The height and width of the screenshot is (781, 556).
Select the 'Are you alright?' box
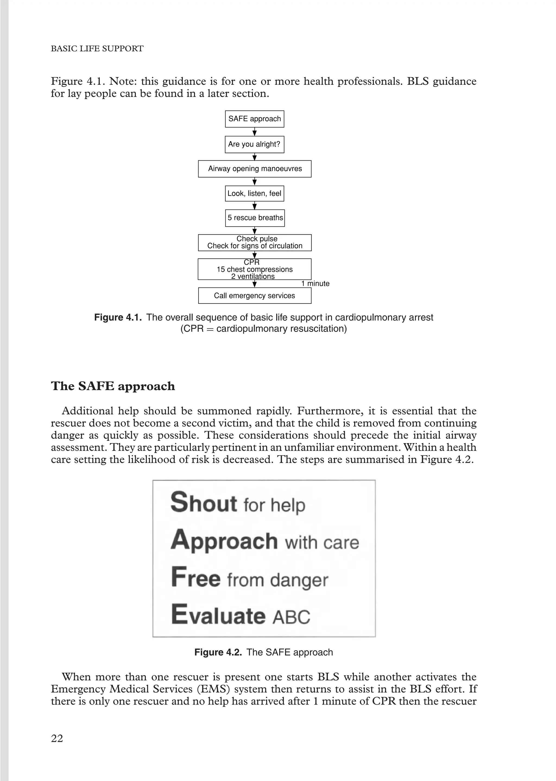(254, 144)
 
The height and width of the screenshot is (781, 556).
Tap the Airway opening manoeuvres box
(255, 169)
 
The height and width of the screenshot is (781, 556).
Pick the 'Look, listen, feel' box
(254, 193)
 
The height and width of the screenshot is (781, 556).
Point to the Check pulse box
(255, 242)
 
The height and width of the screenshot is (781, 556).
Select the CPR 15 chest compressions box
(254, 269)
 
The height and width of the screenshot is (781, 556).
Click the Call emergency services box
(254, 295)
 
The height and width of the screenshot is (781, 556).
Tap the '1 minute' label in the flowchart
(315, 283)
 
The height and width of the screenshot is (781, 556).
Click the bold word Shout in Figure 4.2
(204, 503)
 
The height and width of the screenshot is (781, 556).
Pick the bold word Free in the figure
(195, 578)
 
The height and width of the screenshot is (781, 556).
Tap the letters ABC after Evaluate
(291, 617)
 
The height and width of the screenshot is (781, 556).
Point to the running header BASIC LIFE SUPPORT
(97, 49)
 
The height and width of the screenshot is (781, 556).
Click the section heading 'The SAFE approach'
(113, 386)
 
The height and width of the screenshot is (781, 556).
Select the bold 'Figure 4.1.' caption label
(118, 317)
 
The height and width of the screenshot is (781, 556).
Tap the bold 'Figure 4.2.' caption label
(218, 652)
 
